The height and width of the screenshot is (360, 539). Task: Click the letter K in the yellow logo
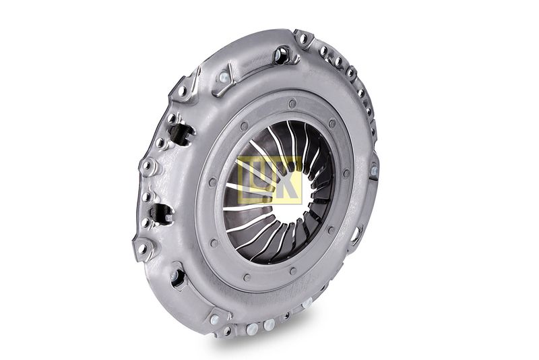[290, 181]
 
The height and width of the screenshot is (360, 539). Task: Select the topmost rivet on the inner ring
[292, 102]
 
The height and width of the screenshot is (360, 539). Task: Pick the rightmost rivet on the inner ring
[346, 172]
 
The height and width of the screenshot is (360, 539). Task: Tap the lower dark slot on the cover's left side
[162, 214]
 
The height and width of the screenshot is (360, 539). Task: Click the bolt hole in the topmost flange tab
[303, 38]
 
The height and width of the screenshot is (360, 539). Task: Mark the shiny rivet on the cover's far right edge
[374, 170]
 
